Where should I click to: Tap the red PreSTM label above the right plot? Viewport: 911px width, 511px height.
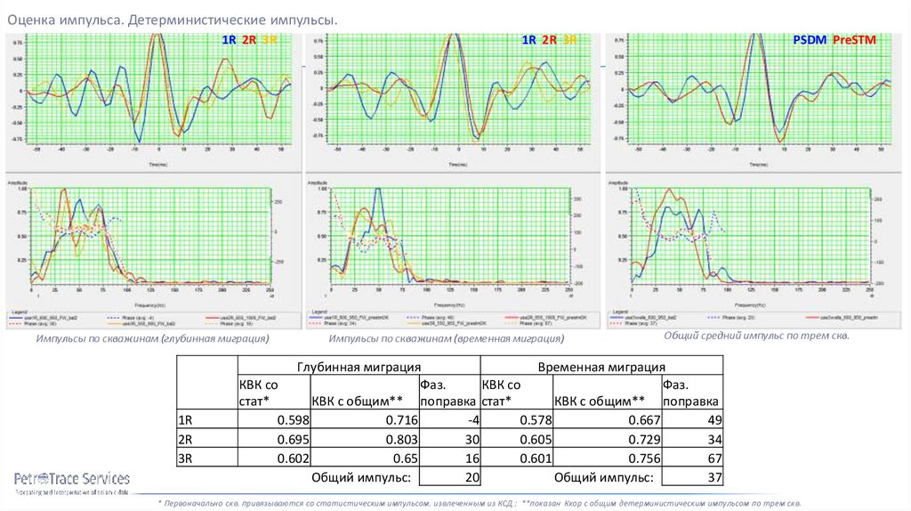[x=855, y=40]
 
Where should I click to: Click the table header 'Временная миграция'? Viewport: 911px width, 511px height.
[x=601, y=367]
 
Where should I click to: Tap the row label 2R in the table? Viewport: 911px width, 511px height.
[x=186, y=440]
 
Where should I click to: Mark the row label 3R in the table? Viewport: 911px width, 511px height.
[x=186, y=459]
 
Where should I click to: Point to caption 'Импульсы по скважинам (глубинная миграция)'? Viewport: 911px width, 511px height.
[x=152, y=339]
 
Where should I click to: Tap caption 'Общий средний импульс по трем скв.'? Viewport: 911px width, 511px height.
[x=757, y=337]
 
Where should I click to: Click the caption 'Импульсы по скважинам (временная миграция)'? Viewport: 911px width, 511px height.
[x=446, y=339]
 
